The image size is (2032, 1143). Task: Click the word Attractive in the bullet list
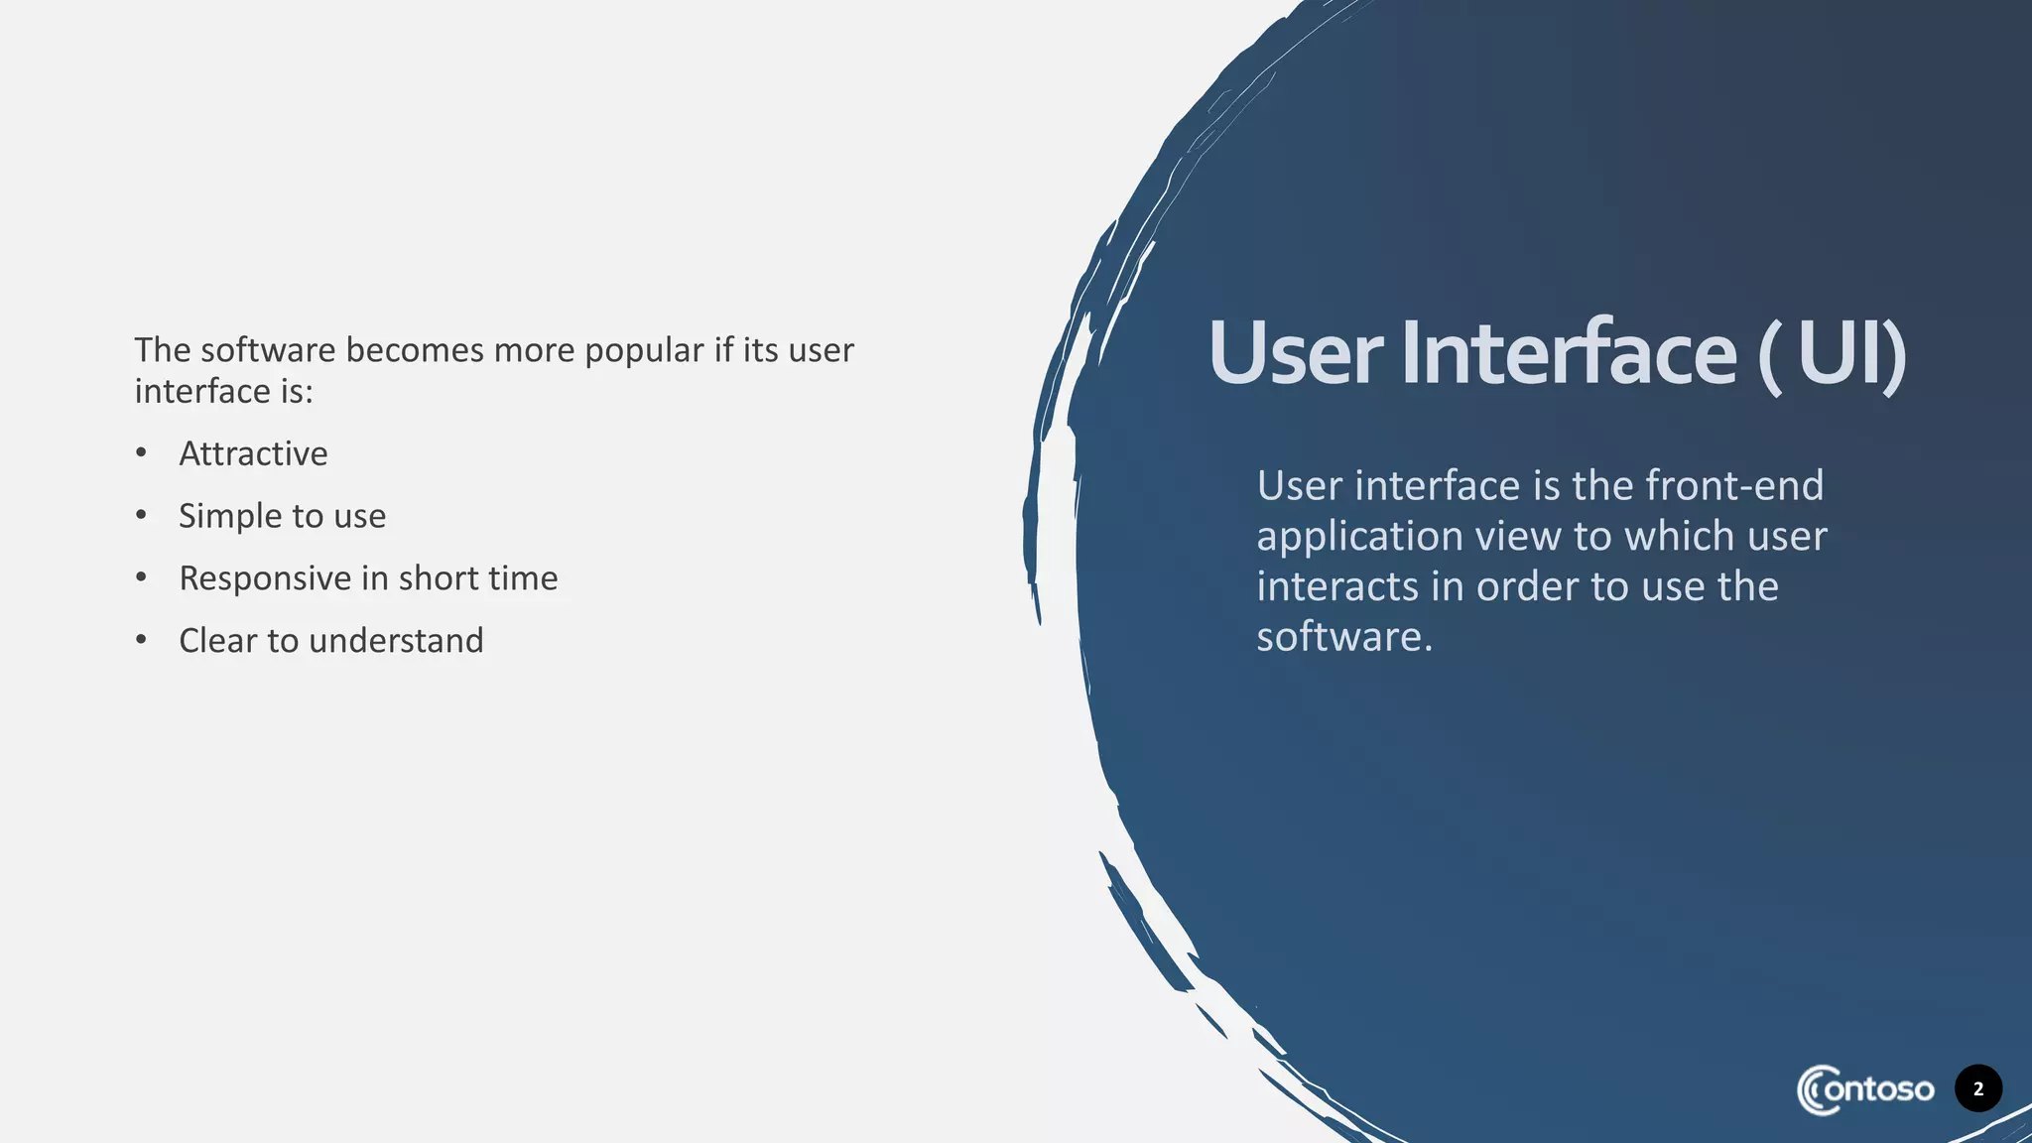point(253,453)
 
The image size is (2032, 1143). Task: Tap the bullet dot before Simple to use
point(142,515)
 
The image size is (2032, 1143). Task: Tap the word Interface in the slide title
point(1568,353)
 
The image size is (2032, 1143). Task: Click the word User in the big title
point(1295,353)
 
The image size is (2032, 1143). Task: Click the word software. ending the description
point(1343,637)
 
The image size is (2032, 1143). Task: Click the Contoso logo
point(1864,1089)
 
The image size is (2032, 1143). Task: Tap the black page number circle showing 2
point(1977,1088)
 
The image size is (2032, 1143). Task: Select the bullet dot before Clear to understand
point(142,640)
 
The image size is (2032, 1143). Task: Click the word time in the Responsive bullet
point(524,578)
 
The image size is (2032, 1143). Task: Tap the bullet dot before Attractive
point(142,453)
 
